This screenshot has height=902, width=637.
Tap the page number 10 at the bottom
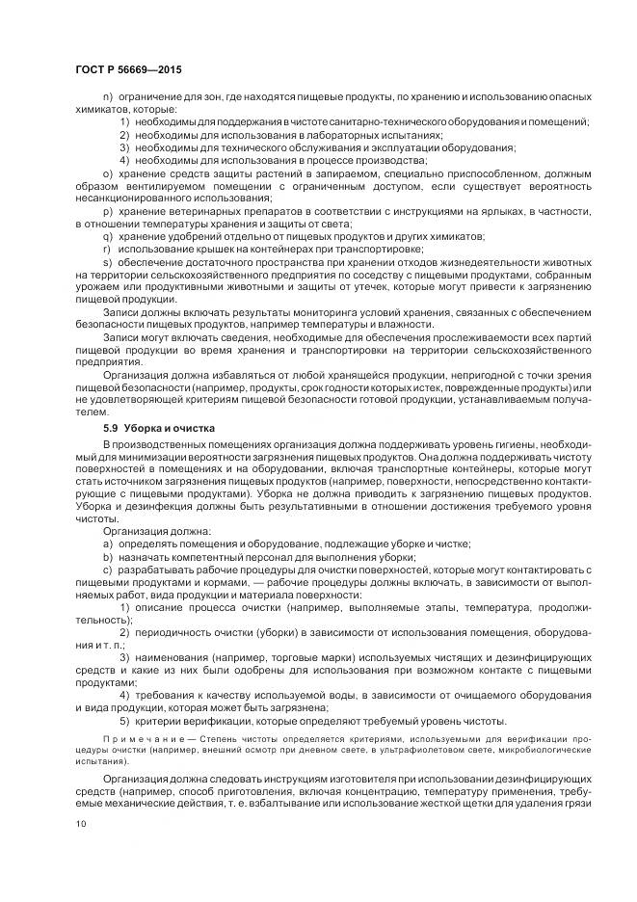tap(80, 824)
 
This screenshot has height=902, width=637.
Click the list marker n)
tap(106, 98)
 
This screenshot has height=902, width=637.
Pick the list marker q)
tap(106, 236)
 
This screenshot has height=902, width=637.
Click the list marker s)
tap(106, 261)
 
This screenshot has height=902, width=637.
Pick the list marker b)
tap(106, 557)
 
